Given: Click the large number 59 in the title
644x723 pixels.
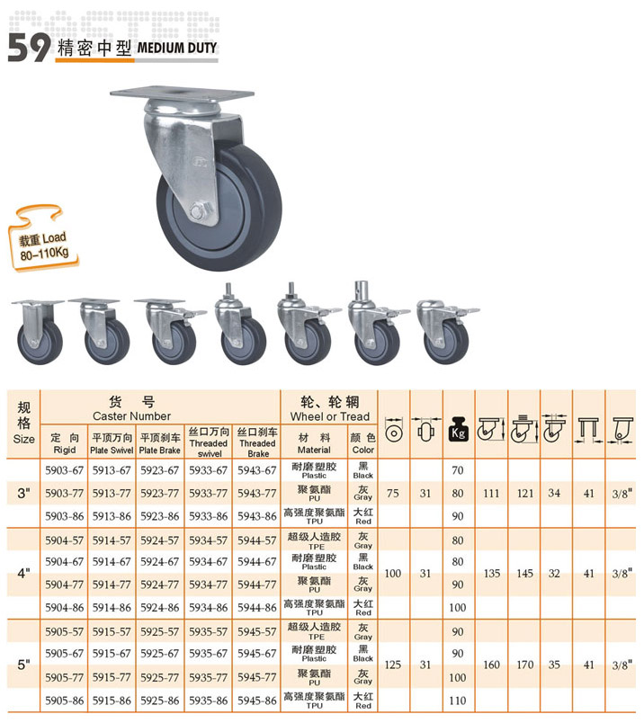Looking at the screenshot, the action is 29,47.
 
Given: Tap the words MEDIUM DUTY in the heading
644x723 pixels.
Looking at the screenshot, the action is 177,48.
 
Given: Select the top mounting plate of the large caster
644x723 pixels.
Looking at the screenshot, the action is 182,95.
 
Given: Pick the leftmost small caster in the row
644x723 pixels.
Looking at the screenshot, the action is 39,332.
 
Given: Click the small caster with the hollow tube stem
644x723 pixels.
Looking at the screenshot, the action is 377,323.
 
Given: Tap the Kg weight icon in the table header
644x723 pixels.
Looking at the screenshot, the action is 458,429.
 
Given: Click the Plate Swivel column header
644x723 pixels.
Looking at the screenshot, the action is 112,443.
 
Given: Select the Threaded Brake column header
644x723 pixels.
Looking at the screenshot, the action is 257,442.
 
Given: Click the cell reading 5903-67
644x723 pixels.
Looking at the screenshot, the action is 64,470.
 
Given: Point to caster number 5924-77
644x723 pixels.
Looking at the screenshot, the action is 159,585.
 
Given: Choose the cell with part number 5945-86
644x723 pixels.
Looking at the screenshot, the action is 257,701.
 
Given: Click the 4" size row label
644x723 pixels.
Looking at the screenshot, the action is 23,574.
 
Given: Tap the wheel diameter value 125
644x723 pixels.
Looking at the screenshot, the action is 393,665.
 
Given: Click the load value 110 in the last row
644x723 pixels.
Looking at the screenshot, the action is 458,701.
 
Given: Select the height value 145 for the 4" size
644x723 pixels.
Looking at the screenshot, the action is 525,574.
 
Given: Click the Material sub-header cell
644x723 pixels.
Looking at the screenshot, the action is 314,443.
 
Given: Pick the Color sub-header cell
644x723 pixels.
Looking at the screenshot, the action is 363,443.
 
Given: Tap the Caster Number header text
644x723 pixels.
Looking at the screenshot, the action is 131,416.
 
